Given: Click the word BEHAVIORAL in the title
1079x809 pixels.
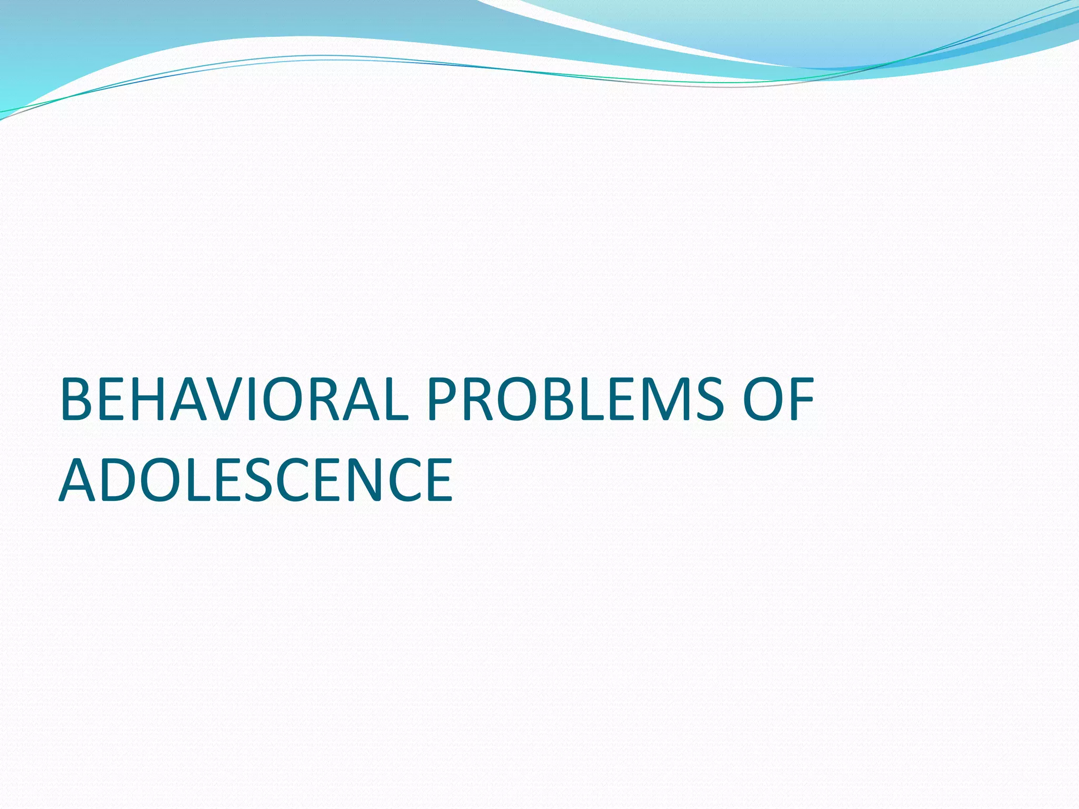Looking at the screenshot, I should tap(234, 399).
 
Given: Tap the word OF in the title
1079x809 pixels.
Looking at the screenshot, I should tap(778, 399).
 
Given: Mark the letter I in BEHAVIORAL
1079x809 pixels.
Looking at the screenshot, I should tap(252, 399).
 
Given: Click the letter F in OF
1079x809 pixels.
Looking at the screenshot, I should tap(800, 399).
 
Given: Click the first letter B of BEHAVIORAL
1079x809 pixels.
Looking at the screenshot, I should tap(79, 399).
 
